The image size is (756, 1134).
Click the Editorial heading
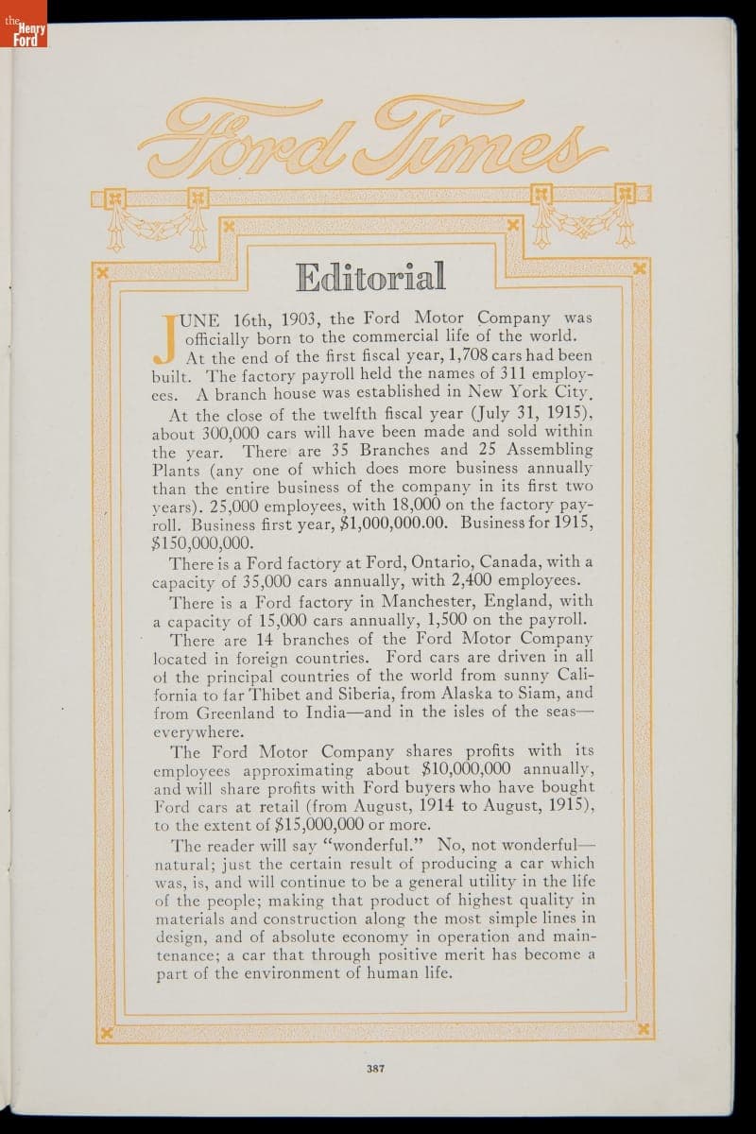point(370,276)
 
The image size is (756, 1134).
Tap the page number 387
point(378,1069)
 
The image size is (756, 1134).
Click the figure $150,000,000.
point(202,542)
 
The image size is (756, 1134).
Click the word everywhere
point(198,731)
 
